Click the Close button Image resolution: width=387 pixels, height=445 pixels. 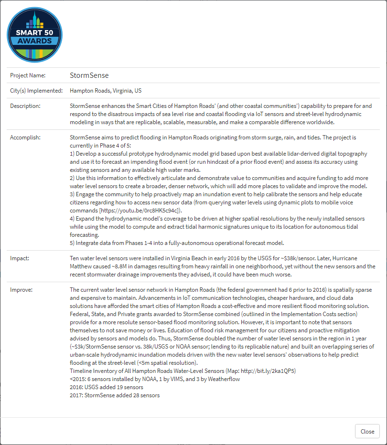[x=367, y=431]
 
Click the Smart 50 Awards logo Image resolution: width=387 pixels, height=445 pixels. [x=34, y=35]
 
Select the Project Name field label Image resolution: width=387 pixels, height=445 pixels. [x=28, y=75]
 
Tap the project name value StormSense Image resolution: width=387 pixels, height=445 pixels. [x=89, y=75]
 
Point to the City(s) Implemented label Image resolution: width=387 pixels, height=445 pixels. [x=36, y=91]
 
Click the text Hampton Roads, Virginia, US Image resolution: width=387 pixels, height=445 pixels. [x=106, y=91]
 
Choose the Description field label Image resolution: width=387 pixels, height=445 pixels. [x=25, y=106]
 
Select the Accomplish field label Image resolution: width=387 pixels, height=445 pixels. [x=25, y=138]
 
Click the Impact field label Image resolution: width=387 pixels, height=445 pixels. [x=20, y=258]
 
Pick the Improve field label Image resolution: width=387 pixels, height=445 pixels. [x=21, y=290]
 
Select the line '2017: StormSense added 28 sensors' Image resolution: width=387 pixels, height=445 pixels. [x=115, y=395]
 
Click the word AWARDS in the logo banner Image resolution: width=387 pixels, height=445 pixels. [x=34, y=41]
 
